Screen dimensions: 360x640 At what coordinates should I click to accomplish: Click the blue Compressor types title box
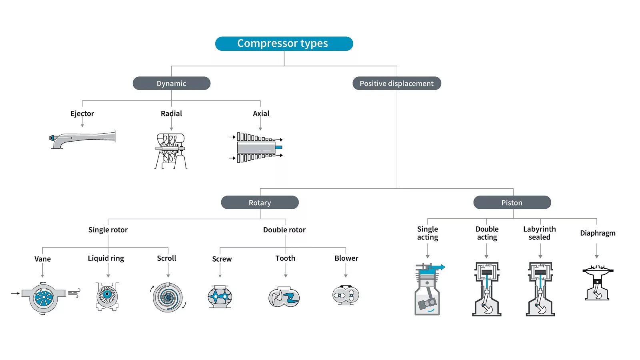(284, 44)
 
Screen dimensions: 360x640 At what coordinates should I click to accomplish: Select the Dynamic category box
(171, 83)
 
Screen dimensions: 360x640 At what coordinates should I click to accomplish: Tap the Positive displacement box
(396, 83)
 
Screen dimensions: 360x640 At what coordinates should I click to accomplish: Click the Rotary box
(260, 202)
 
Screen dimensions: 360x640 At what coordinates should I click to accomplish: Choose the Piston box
(512, 202)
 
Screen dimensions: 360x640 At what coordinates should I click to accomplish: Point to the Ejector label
(82, 114)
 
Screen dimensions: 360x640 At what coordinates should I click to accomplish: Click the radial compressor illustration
(171, 151)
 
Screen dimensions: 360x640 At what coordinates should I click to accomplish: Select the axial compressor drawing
(256, 148)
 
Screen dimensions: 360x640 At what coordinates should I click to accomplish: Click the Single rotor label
(108, 230)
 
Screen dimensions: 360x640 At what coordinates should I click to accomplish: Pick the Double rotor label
(284, 230)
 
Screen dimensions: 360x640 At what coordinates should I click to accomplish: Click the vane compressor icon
(44, 297)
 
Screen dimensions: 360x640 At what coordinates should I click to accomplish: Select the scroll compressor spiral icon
(168, 297)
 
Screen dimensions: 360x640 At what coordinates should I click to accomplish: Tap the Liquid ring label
(106, 258)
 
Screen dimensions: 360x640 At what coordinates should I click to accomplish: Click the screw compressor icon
(220, 296)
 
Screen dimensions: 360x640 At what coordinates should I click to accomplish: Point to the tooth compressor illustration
(284, 297)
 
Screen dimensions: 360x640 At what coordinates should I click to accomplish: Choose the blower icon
(346, 296)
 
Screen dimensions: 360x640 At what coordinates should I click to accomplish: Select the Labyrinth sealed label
(539, 233)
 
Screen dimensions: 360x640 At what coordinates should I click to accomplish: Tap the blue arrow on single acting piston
(440, 267)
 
